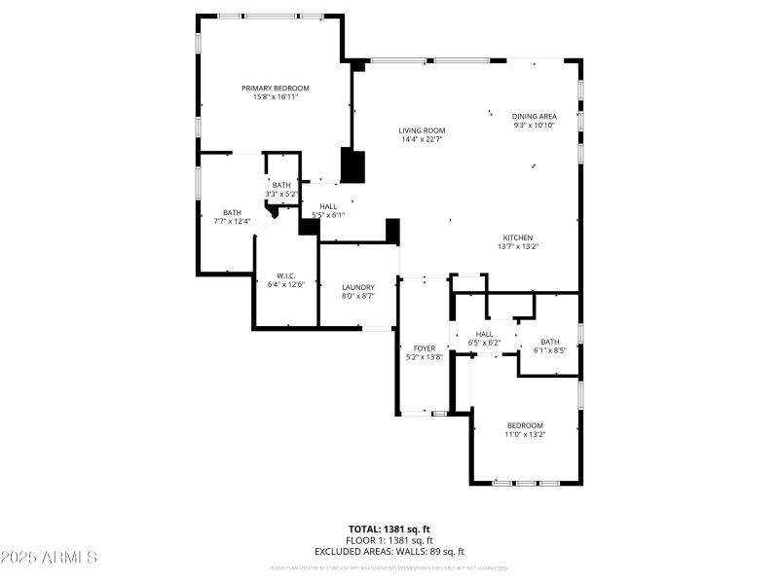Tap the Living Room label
(422, 130)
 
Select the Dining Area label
(535, 117)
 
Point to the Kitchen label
(518, 237)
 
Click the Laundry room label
(358, 287)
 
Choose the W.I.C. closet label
(286, 275)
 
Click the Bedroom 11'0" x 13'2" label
(525, 425)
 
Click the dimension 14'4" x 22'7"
(422, 139)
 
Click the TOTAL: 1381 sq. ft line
(389, 529)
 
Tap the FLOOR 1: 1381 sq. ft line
(389, 540)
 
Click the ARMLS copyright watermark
(49, 558)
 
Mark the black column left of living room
(352, 166)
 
